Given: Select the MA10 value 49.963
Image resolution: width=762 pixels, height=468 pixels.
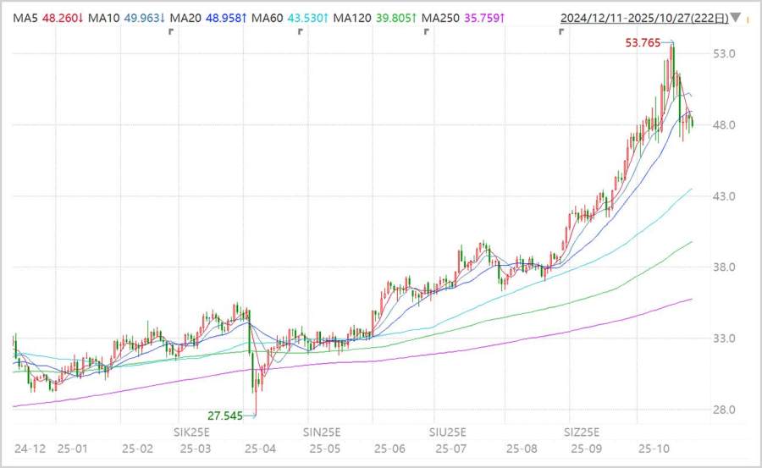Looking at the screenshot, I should [146, 17].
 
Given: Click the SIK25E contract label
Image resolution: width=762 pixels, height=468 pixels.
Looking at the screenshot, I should [191, 431].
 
